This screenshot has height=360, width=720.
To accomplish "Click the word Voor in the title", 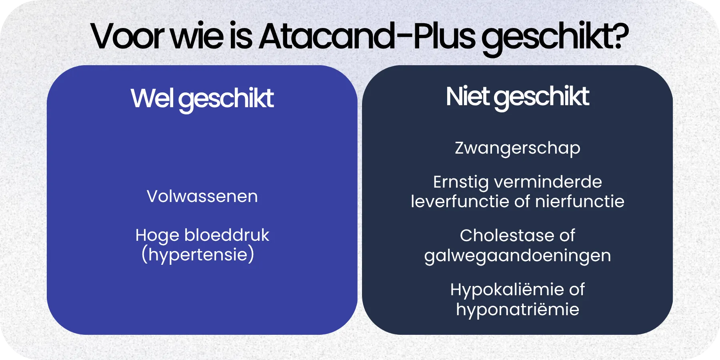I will tap(127, 37).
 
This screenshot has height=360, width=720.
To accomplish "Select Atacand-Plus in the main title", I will tap(367, 37).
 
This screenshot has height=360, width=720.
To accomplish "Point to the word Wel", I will tap(152, 98).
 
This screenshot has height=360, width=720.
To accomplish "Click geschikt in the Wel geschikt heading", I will tap(226, 99).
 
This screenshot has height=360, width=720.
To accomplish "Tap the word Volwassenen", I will tap(202, 196).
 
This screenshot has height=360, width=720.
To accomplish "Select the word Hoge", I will tap(157, 236).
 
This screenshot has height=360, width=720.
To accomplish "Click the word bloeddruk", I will tap(227, 235).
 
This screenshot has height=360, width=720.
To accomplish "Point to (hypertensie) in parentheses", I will tap(198, 254).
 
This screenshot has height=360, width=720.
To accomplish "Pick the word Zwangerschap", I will tap(517, 148).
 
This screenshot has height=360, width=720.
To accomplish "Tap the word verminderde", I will tap(548, 182).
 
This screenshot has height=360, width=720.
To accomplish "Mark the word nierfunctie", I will tap(580, 201).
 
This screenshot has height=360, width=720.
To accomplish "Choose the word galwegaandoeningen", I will tap(517, 256).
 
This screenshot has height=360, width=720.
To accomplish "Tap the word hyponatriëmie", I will tap(517, 310).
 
